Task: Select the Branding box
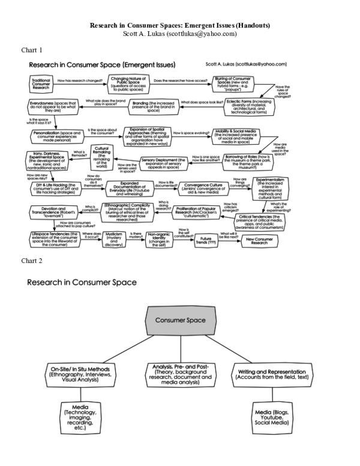click(145, 106)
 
